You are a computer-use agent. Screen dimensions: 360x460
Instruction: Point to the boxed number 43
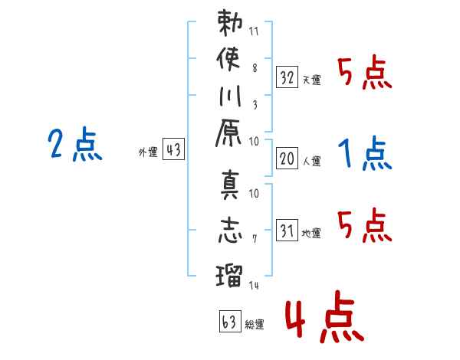point(174,150)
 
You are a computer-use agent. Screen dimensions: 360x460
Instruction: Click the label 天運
point(312,80)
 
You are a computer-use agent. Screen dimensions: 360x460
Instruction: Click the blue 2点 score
point(74,145)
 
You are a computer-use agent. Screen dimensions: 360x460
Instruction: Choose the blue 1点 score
point(365,155)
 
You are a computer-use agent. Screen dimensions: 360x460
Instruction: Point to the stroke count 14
point(255,285)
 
